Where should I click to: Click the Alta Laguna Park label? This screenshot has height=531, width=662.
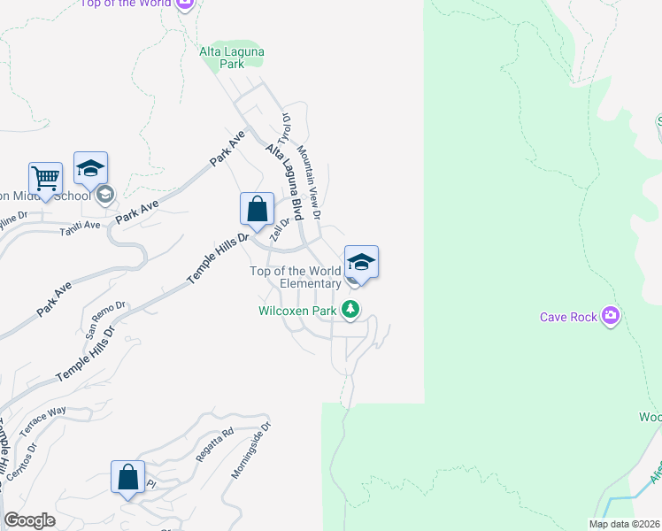tap(231, 58)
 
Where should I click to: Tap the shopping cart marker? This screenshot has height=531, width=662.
tap(45, 177)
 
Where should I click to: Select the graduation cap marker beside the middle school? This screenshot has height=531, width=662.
tap(90, 167)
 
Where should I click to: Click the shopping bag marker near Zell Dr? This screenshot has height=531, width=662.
tap(257, 210)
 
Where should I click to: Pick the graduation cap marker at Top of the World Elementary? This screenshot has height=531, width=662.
tap(361, 262)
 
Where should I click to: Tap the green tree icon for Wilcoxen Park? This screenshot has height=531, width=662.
tap(352, 309)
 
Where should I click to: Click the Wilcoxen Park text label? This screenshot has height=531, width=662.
tap(297, 311)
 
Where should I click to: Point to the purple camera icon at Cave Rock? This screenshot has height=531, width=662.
tap(609, 316)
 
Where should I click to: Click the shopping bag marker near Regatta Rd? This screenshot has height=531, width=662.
tap(127, 477)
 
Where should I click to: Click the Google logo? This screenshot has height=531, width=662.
tap(29, 521)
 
